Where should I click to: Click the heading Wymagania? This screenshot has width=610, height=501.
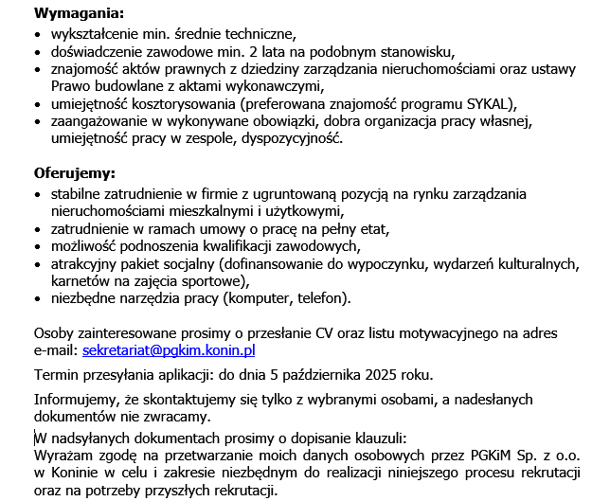coord(79,14)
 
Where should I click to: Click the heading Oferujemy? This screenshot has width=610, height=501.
coord(75,174)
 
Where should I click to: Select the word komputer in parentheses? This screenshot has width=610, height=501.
coord(258,298)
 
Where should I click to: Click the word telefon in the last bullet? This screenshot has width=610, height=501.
coord(322,298)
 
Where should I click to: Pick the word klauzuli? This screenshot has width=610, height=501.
coord(378,438)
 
